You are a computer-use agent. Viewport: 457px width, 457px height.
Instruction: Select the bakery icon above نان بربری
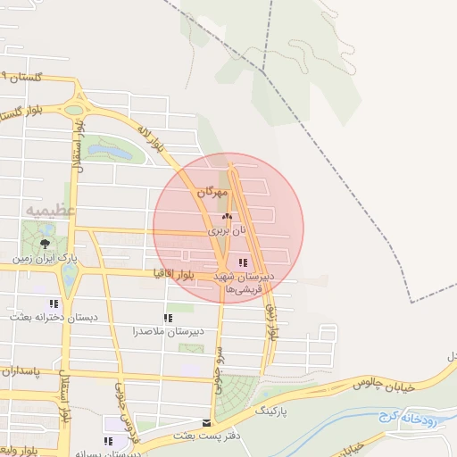tap(227, 216)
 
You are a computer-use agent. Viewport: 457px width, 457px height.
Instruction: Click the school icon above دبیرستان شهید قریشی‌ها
tap(243, 262)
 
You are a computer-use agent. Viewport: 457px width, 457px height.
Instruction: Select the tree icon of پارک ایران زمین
tap(45, 244)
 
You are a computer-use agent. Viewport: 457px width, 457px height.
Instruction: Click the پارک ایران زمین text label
tap(45, 259)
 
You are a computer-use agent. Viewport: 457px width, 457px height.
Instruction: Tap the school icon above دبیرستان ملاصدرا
tap(168, 318)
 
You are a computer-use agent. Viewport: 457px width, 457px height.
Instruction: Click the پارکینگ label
tap(273, 411)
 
